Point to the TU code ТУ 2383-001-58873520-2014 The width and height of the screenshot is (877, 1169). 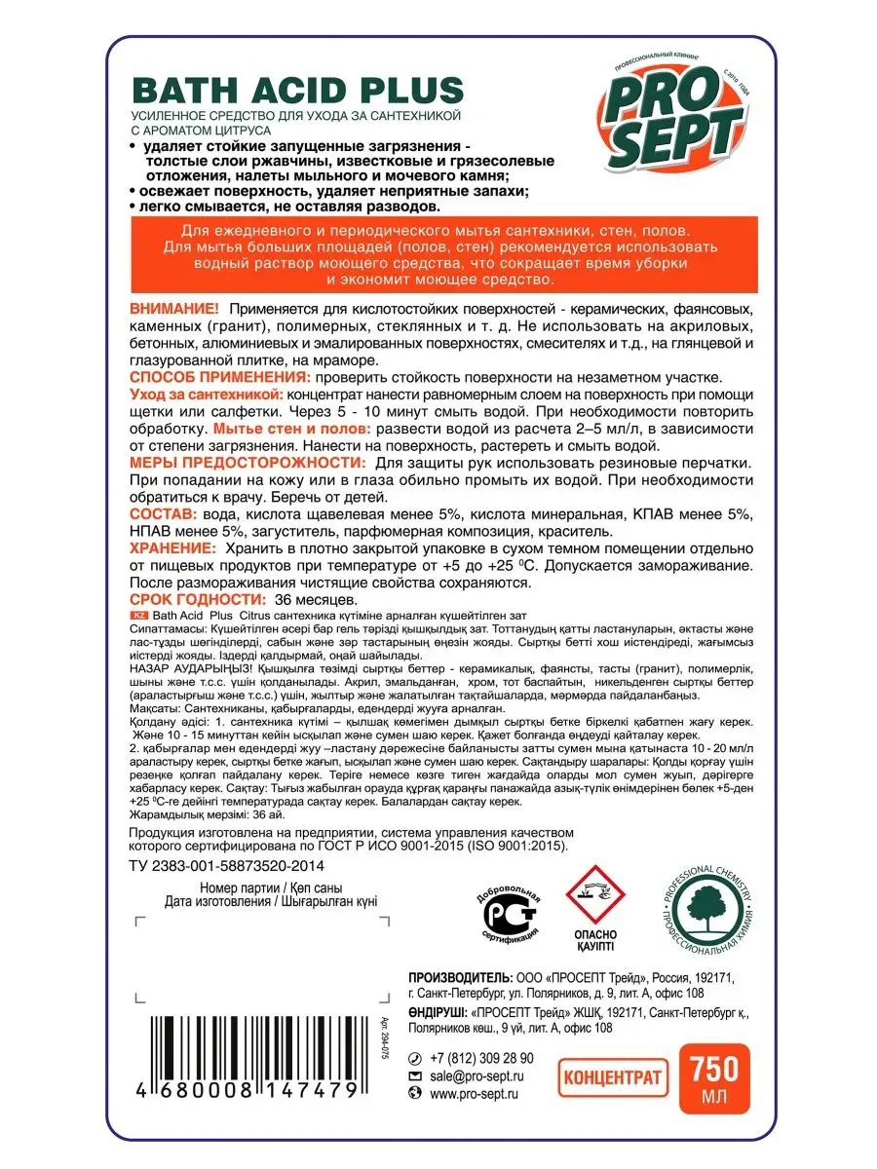point(227,865)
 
